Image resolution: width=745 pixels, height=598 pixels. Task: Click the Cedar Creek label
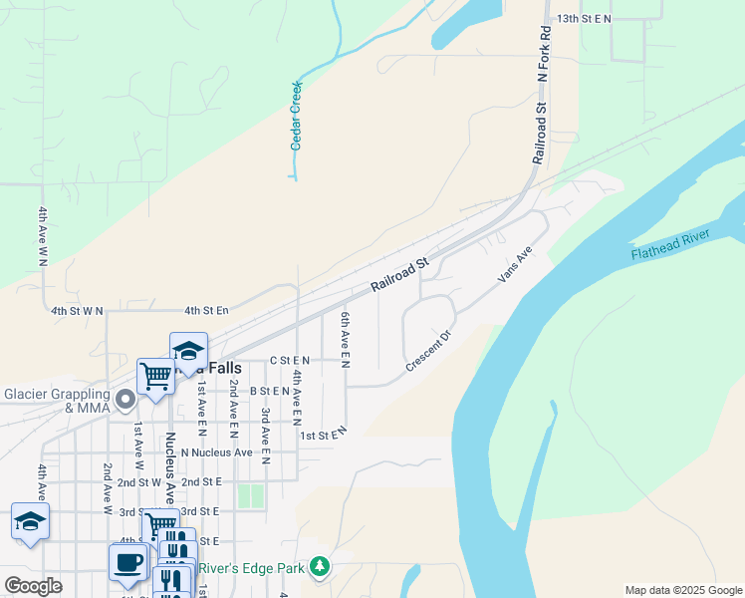(x=296, y=116)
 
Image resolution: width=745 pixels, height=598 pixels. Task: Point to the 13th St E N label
(x=584, y=19)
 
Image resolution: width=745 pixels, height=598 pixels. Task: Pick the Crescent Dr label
(x=429, y=351)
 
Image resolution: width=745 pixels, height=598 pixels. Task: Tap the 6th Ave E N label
(x=345, y=338)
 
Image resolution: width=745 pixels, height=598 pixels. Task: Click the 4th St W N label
(x=78, y=311)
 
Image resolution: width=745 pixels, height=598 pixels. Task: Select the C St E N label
(x=291, y=360)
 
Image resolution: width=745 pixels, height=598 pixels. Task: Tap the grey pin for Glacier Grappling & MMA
(x=125, y=401)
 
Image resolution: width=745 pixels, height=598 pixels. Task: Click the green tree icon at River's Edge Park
(x=319, y=568)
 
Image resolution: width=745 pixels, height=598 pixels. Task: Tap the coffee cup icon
(x=127, y=561)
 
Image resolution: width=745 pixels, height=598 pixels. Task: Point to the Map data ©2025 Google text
(x=683, y=590)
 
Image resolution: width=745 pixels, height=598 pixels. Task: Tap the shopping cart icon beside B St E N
(x=155, y=376)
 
